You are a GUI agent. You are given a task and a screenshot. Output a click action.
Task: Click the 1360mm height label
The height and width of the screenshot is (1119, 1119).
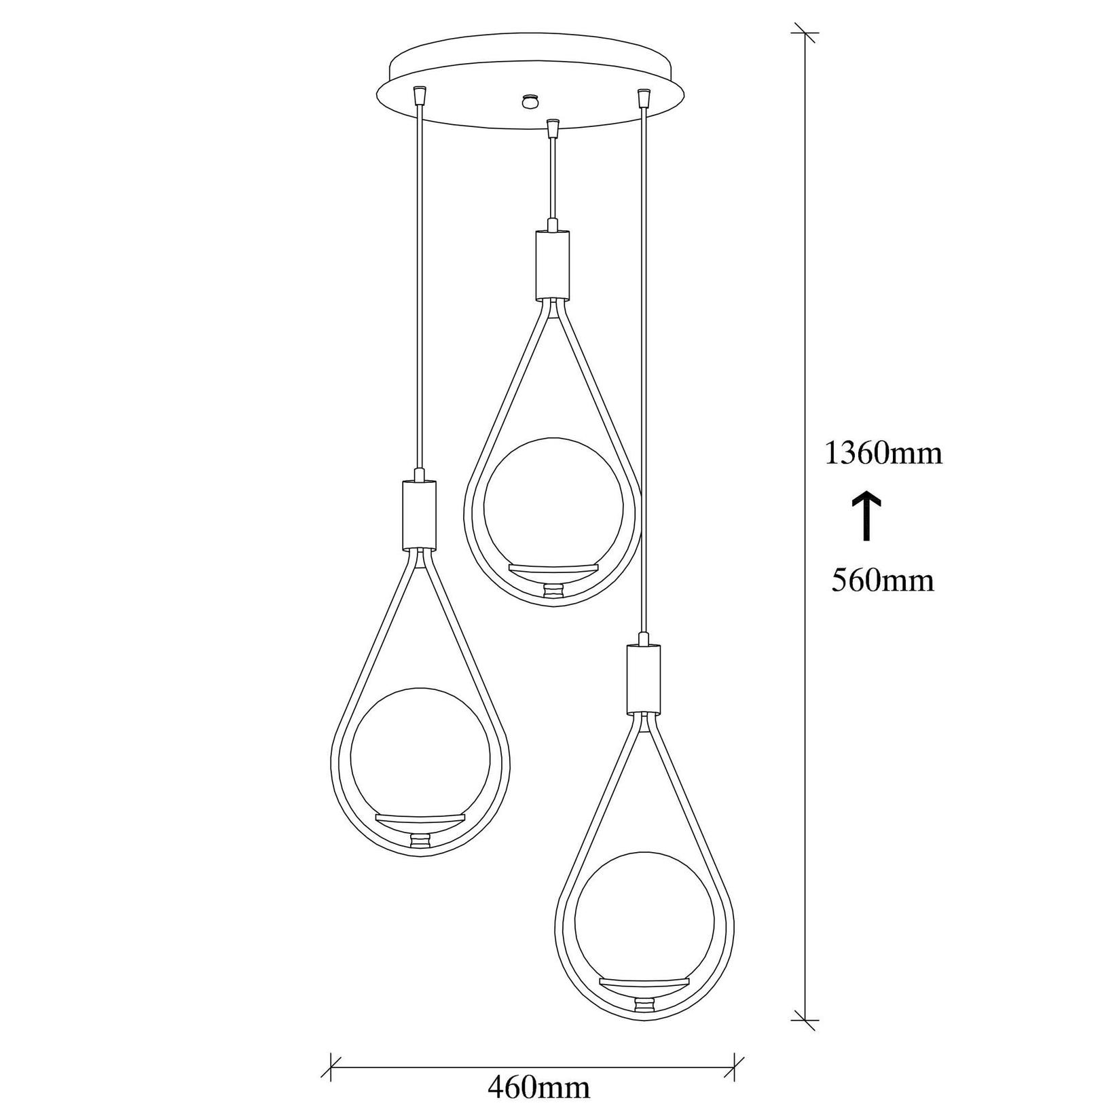(x=883, y=453)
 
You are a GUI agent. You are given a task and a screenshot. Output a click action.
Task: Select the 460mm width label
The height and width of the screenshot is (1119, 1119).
(x=538, y=1088)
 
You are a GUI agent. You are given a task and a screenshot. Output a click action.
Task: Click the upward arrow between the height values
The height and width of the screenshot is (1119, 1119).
(x=866, y=517)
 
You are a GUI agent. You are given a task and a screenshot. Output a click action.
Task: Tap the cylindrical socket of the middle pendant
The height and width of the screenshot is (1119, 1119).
(x=552, y=264)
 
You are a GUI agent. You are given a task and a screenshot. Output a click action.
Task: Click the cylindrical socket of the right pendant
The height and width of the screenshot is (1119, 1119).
(x=643, y=679)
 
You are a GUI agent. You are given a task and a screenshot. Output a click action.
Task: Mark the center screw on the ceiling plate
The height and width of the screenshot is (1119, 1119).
(x=528, y=100)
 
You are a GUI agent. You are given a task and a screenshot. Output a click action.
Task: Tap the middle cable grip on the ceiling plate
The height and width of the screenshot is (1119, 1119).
(x=553, y=128)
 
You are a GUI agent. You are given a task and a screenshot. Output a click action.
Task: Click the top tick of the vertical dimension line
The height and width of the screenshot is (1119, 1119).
(x=806, y=33)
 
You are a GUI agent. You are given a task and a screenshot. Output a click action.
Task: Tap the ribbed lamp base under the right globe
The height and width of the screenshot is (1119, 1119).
(x=644, y=1004)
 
